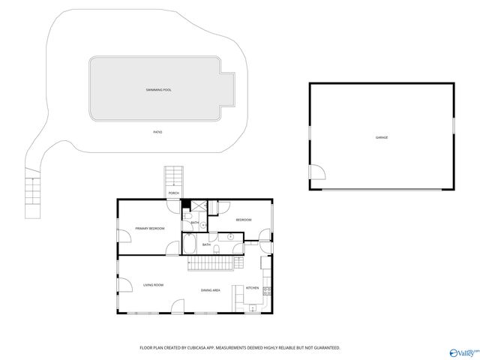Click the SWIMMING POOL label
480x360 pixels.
158,90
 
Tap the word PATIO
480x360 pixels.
157,132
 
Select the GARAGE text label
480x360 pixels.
382,137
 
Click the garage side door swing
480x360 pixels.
318,172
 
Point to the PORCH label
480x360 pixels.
173,193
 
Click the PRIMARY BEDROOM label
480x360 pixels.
149,228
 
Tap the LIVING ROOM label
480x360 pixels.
153,285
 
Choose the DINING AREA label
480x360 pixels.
210,290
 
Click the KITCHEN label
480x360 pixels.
253,288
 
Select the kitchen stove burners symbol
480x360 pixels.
266,290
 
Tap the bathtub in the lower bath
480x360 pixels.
188,245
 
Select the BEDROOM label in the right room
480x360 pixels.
243,220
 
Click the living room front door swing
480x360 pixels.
178,306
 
